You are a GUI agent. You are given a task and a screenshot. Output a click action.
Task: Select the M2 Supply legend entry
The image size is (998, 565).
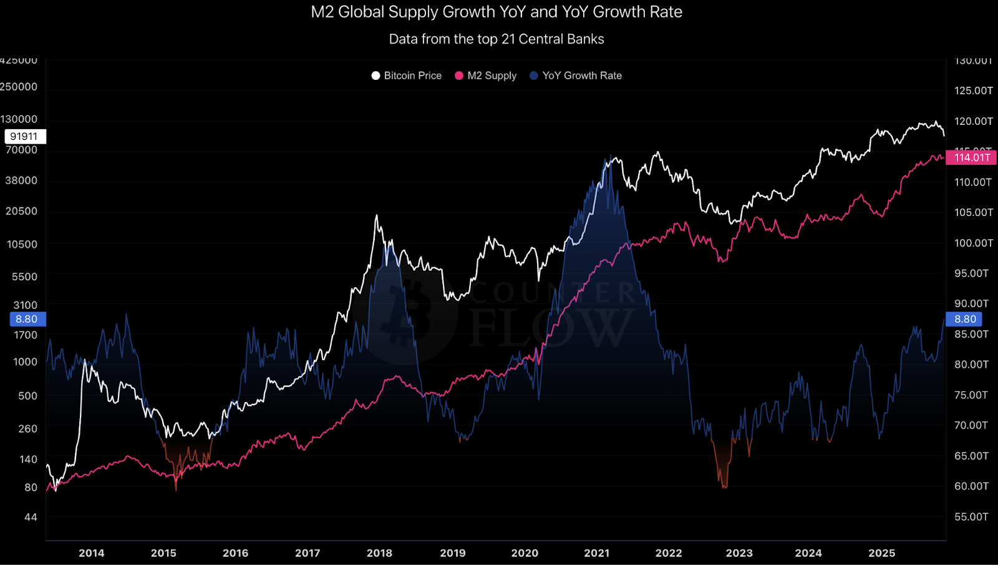tap(486, 76)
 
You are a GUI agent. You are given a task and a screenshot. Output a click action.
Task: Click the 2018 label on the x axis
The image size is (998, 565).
tap(379, 553)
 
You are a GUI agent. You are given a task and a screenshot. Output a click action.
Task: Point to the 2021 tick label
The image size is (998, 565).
tap(597, 553)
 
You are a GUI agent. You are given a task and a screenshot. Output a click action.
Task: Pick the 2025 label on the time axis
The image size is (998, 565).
tap(882, 553)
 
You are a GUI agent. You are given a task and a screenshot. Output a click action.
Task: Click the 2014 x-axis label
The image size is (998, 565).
tap(92, 553)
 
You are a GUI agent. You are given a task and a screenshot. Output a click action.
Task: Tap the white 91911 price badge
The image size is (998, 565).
tap(24, 136)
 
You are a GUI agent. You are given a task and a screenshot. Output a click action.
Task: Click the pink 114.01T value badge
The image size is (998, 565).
tap(972, 157)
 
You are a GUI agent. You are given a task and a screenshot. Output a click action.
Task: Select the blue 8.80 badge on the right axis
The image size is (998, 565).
tap(965, 319)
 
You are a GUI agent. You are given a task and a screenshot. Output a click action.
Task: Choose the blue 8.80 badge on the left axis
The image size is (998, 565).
tap(26, 319)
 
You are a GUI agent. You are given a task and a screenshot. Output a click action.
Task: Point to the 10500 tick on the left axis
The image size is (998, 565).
tap(22, 244)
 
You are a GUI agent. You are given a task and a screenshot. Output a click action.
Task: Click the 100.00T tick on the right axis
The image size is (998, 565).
tap(973, 243)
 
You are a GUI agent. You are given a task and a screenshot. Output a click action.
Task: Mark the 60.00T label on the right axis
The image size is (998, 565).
tap(971, 486)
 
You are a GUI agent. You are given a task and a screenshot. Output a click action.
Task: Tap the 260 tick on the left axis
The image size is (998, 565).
tap(28, 429)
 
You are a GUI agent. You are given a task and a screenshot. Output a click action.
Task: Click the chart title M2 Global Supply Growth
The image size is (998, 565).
tap(497, 12)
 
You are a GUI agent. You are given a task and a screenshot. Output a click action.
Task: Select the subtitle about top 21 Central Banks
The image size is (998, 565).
tap(497, 39)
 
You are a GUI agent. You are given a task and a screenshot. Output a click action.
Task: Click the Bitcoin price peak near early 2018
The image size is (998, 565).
tap(376, 217)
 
